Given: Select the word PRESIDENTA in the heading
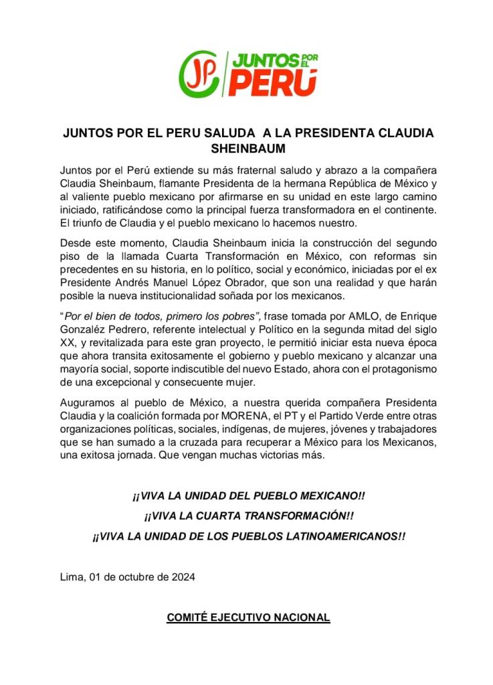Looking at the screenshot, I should point(336,133).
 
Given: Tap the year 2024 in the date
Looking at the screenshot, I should point(182,577).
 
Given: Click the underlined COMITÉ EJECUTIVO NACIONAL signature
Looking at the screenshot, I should point(248,617).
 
